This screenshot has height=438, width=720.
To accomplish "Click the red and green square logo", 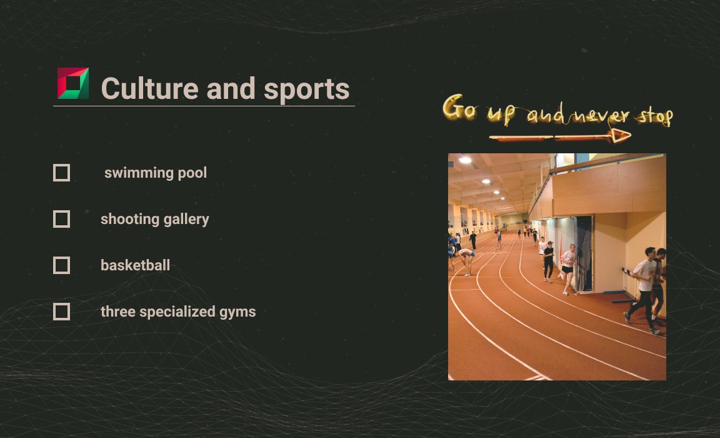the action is coord(73,83).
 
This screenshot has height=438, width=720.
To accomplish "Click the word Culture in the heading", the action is coord(150,88).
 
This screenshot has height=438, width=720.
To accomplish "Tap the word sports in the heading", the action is coord(307,89).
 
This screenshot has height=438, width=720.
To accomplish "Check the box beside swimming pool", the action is coord(61,173).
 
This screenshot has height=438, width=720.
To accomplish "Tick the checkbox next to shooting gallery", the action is coord(61,219).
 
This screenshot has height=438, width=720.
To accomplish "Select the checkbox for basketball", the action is coord(61,266).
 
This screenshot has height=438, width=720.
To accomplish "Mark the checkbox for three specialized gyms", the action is coord(61,312).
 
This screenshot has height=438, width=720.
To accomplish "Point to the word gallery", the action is coord(186,220).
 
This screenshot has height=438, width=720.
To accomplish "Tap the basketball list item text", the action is coord(135,265).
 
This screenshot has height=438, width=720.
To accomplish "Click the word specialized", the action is coord(177,312).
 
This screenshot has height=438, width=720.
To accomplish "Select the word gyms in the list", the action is coord(237,312).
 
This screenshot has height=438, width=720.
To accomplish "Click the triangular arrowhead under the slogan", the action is coord(620,136).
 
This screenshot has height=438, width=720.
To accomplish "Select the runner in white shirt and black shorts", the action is coord(567,269).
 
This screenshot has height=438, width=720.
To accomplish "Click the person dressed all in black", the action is coord(549,262).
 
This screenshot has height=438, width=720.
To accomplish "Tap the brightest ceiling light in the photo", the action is coord(465,160).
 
